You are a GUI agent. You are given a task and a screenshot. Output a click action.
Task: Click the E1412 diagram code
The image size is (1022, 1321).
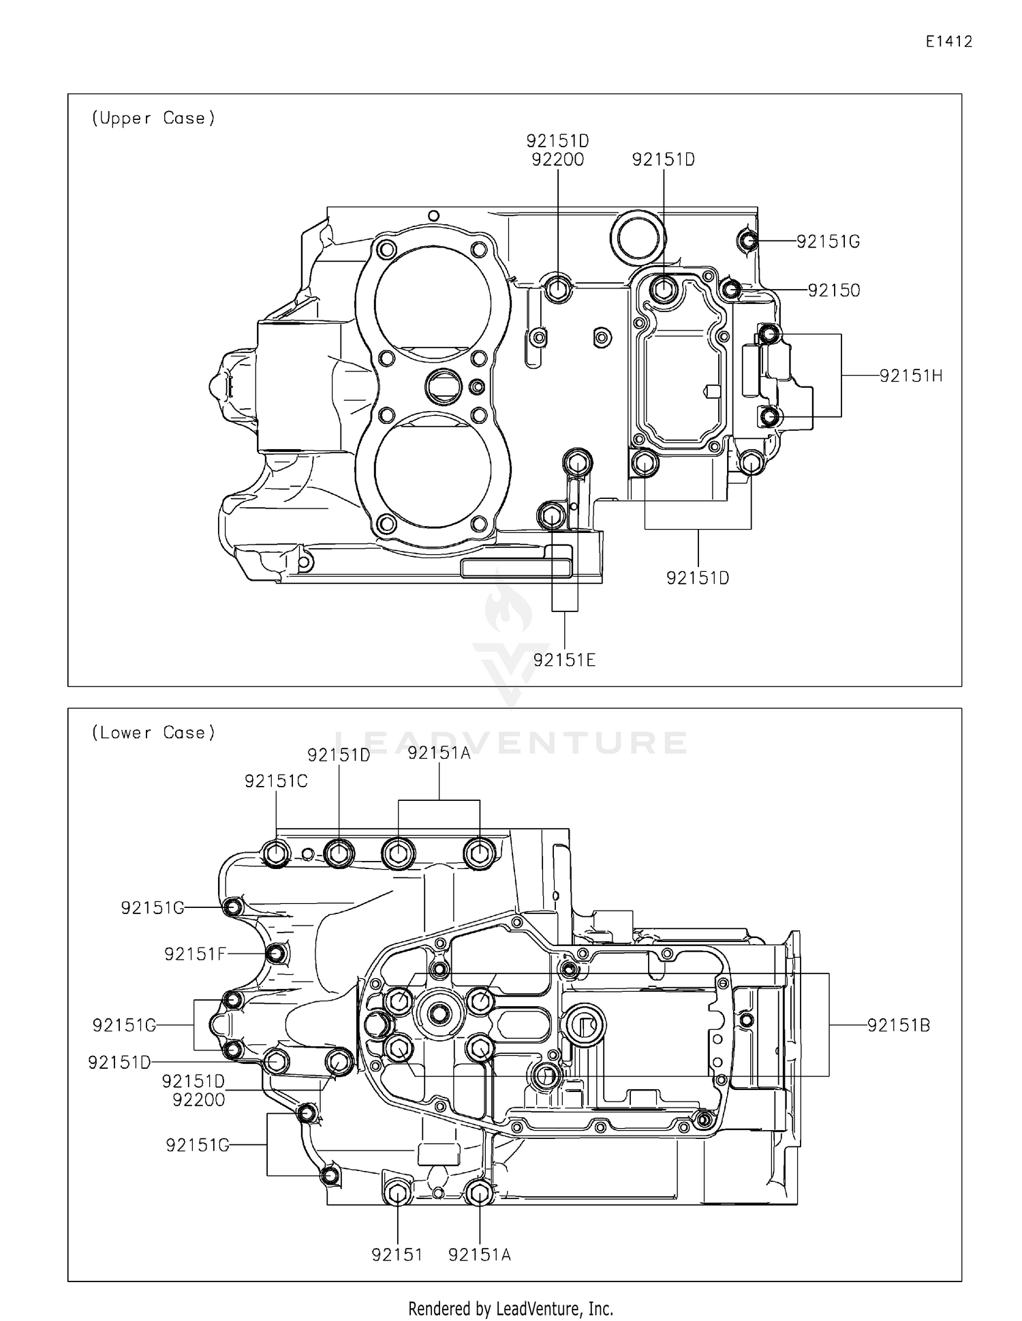(x=948, y=42)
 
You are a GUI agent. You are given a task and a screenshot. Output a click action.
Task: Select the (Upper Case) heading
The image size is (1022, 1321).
(x=153, y=118)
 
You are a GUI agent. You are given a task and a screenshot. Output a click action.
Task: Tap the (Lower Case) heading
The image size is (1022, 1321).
(x=153, y=733)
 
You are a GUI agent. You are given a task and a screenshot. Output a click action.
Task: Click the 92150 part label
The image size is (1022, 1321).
(x=834, y=290)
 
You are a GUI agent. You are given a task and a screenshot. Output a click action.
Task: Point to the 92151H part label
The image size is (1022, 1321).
(x=911, y=376)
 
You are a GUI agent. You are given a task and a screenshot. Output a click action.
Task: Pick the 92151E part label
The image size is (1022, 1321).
(x=564, y=660)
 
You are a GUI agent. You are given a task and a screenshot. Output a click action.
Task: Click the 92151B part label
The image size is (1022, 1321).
(x=898, y=1025)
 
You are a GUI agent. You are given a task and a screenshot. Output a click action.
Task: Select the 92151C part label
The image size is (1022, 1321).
(x=276, y=781)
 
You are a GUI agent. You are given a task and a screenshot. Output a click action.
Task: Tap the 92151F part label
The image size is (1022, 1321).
(x=194, y=954)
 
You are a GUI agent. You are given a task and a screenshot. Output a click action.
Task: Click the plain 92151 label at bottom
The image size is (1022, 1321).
(x=397, y=1255)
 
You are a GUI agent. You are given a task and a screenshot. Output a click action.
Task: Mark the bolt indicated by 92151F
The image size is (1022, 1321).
(x=276, y=954)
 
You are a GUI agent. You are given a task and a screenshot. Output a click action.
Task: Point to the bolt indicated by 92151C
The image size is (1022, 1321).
(x=276, y=853)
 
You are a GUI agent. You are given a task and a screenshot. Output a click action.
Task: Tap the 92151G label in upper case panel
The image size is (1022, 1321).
(x=829, y=241)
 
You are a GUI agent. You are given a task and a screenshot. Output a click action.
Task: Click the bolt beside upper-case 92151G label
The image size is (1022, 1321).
(x=747, y=240)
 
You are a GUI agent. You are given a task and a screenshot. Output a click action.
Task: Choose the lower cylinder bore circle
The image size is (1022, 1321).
(x=432, y=470)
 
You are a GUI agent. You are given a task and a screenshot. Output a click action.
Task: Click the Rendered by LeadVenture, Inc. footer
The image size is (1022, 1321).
(x=510, y=1309)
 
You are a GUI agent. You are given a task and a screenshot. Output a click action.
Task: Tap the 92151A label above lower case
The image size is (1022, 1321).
(x=439, y=753)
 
